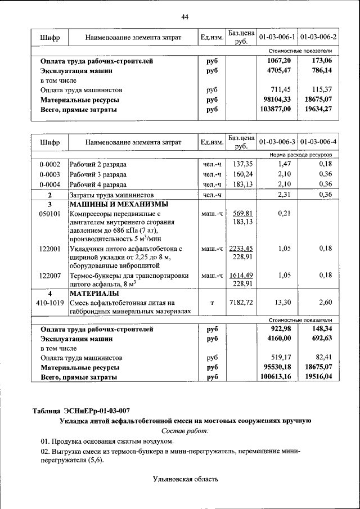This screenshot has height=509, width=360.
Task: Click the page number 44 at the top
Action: click(184, 16)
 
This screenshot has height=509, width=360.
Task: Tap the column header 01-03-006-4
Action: click(318, 142)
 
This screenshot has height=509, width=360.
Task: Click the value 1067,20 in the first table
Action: click(279, 61)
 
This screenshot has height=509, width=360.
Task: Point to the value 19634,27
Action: click(319, 110)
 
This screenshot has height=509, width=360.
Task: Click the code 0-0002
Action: click(49, 164)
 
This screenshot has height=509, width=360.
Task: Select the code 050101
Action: click(49, 214)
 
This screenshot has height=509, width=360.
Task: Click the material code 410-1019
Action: click(49, 303)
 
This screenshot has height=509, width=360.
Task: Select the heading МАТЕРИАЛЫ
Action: click(93, 294)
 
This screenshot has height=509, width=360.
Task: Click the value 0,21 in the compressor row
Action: click(283, 214)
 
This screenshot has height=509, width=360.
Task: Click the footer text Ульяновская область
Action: click(184, 479)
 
